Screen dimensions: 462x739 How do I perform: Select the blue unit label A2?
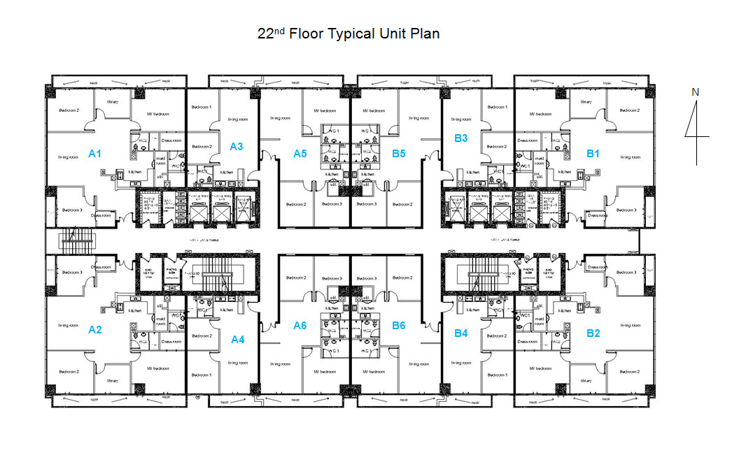tap(95, 330)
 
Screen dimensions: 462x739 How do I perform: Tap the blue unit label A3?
tap(237, 147)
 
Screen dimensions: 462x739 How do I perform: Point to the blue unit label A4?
tap(238, 340)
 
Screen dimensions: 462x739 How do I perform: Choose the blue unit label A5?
tap(300, 153)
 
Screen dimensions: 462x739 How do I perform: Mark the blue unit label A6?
tap(300, 325)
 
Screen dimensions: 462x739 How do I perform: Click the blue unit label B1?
tap(593, 153)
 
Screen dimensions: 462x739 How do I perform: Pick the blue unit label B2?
tap(593, 333)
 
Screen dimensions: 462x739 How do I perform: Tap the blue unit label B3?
tap(460, 138)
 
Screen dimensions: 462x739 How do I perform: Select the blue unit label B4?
tap(460, 333)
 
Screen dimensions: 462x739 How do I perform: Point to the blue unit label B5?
tap(399, 153)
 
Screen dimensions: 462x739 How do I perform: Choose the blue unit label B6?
tap(399, 325)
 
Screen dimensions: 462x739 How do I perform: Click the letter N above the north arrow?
tap(695, 92)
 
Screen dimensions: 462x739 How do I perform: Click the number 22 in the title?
tap(265, 34)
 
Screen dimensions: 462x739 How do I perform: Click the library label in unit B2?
tap(585, 381)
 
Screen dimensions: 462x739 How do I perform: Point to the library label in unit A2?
tap(113, 381)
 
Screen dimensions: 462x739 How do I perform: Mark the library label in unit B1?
tap(585, 101)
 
